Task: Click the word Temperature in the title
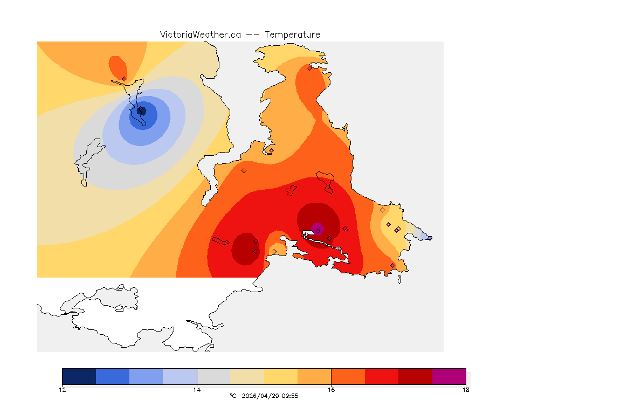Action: click(292, 34)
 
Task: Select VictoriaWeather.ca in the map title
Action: click(200, 34)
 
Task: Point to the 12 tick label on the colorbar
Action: click(63, 390)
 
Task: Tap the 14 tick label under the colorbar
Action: click(197, 390)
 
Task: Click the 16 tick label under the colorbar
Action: click(331, 390)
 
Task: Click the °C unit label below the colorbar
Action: click(233, 396)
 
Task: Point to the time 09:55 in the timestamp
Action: click(289, 396)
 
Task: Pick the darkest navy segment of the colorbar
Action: click(79, 376)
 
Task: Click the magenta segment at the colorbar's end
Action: click(449, 376)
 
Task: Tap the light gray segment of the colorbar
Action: click(213, 376)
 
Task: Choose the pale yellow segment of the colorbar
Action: click(281, 376)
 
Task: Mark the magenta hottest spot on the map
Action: click(317, 229)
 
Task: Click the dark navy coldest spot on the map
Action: click(141, 111)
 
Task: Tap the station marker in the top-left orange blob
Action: click(124, 79)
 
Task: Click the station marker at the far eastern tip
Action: click(430, 238)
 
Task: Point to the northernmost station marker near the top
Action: click(309, 68)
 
